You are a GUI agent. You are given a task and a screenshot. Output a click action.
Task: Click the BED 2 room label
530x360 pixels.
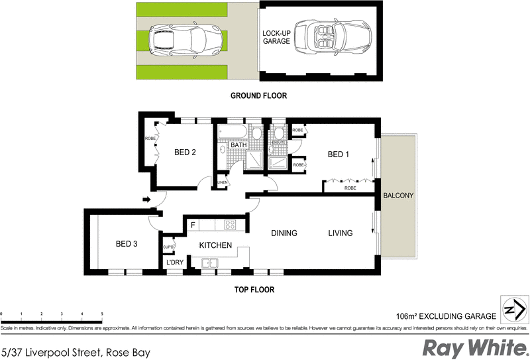185,152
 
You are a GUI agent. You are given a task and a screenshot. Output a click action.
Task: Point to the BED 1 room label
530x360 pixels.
339,154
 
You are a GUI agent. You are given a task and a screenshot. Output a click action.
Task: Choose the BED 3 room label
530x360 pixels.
126,244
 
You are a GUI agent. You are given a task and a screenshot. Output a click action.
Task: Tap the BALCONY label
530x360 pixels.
397,196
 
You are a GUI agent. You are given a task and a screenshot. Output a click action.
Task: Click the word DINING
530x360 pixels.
283,233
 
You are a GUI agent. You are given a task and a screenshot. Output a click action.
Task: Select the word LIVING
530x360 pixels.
340,233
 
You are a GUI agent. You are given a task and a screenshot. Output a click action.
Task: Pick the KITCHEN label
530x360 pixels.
215,245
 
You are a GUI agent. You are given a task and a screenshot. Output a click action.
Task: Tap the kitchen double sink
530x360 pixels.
210,263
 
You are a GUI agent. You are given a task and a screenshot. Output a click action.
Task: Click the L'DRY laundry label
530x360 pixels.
174,263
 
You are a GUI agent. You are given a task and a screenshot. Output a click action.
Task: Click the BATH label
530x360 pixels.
238,145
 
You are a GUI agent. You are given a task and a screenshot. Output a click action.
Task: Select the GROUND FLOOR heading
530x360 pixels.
258,95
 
